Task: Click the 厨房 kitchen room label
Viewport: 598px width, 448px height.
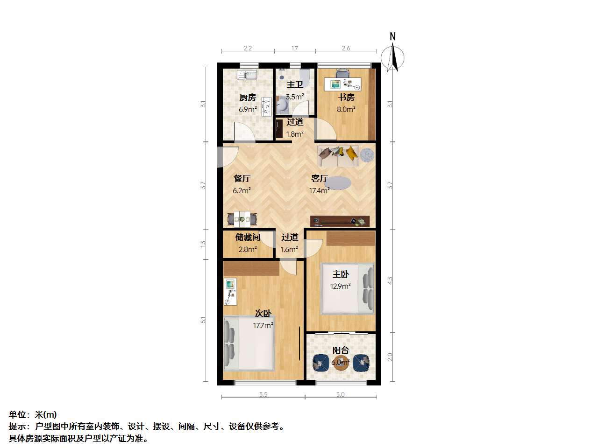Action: [x=247, y=97]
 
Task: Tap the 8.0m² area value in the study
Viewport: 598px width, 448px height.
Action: [x=346, y=109]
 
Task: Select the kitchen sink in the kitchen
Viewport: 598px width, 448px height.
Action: [x=247, y=75]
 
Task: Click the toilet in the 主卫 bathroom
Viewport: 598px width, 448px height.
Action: [x=305, y=77]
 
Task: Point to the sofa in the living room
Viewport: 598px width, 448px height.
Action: [x=338, y=156]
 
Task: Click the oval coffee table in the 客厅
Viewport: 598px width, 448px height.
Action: [x=338, y=183]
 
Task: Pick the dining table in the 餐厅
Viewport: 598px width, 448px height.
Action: [x=242, y=218]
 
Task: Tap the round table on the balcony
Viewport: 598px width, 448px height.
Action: [x=341, y=363]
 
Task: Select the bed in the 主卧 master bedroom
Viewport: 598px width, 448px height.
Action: [x=348, y=288]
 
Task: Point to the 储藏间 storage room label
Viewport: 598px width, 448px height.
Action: [x=247, y=237]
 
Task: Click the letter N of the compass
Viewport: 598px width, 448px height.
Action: [x=392, y=36]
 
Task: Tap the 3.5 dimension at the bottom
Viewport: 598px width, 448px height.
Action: [x=263, y=394]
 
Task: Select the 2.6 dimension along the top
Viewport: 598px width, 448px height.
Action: [x=346, y=49]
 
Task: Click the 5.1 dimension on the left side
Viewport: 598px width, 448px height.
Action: [x=203, y=320]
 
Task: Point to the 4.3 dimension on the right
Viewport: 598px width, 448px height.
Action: [x=390, y=281]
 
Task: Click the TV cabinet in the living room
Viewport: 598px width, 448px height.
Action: [x=340, y=221]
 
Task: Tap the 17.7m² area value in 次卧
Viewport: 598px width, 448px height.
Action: [x=263, y=325]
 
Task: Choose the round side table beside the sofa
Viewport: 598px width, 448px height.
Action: [x=367, y=155]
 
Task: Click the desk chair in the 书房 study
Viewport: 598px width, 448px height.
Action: [x=342, y=73]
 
